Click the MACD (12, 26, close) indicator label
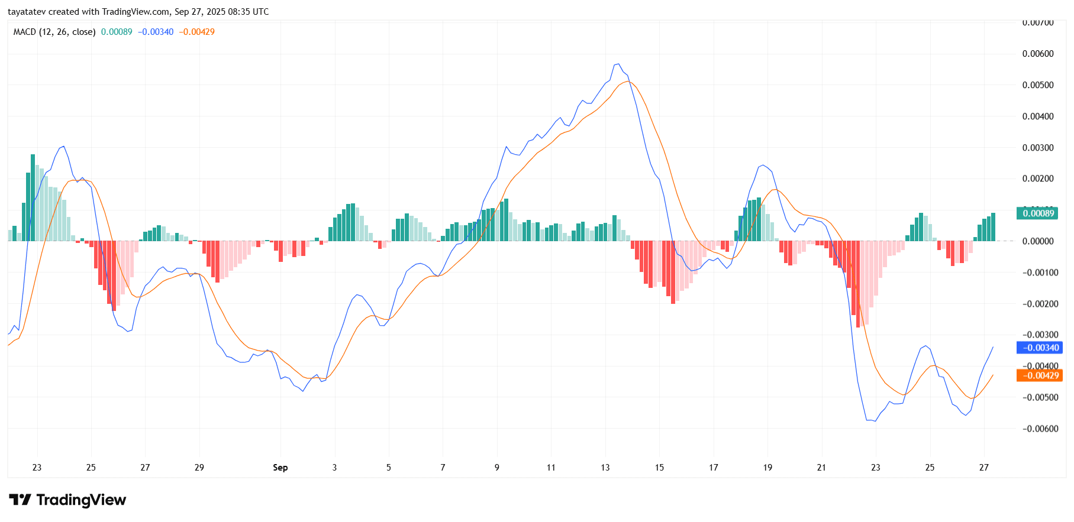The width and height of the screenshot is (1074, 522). (54, 32)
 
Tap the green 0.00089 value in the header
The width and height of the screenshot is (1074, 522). (117, 32)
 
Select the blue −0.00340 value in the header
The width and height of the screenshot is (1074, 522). (156, 32)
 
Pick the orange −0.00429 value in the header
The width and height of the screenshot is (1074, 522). (197, 32)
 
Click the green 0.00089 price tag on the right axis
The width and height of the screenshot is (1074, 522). (1038, 213)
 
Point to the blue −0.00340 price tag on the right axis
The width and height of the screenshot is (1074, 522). (1038, 348)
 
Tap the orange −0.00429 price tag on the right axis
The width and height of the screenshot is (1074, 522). (1038, 375)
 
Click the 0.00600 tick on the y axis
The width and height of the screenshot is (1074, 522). (1038, 54)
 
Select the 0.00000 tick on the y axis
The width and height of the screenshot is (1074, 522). (1038, 241)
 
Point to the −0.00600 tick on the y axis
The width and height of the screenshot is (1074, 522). (1038, 429)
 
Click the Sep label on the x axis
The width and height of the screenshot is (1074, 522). (280, 468)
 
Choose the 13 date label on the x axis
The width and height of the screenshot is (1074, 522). (605, 468)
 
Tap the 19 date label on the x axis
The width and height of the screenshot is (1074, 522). (767, 468)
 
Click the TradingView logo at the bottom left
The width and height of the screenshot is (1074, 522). (67, 500)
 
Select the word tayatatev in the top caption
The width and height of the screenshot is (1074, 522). (27, 12)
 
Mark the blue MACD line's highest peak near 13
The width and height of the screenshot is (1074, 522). (618, 64)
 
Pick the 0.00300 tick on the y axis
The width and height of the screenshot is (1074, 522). (1038, 148)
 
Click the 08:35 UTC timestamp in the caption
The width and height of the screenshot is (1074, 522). (249, 12)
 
